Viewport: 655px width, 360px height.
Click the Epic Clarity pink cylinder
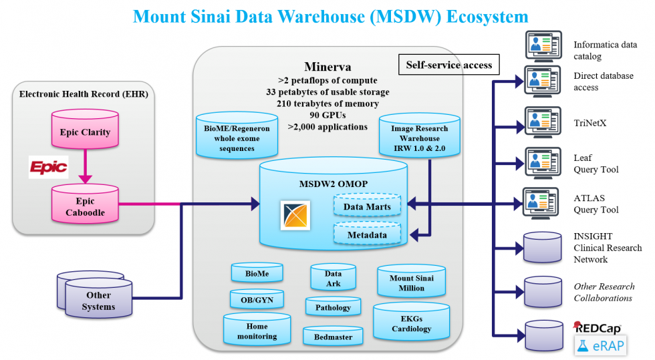click(86, 132)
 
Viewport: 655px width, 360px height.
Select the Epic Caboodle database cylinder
click(86, 206)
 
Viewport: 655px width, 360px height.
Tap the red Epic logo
click(48, 167)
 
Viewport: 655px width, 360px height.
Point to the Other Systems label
click(98, 301)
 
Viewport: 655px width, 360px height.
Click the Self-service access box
click(448, 65)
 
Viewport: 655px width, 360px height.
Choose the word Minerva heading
click(328, 66)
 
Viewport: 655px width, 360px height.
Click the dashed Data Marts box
click(367, 206)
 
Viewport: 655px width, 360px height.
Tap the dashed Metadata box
click(367, 234)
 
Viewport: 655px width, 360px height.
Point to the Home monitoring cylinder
click(257, 330)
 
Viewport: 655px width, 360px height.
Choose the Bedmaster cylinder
click(333, 337)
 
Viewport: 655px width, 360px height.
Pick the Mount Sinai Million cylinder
click(410, 281)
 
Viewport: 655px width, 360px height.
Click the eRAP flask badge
click(599, 345)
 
